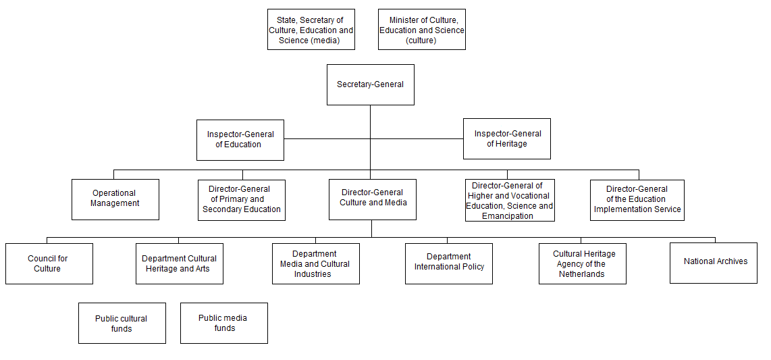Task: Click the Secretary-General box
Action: pos(370,84)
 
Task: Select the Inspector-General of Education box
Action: pos(240,140)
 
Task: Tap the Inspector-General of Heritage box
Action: pos(506,138)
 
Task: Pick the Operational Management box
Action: pos(115,199)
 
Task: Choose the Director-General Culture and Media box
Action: pos(373,199)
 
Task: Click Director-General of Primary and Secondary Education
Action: pos(241,199)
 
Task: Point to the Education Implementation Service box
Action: pos(637,199)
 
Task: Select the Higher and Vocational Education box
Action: pos(510,200)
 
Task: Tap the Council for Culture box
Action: pos(49,263)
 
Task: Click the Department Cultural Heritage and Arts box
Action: pos(179,263)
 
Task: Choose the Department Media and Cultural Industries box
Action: pos(315,263)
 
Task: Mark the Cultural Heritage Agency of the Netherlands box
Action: pos(582,263)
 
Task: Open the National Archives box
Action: pos(713,262)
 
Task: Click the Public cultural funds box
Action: pos(122,323)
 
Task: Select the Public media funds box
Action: pos(223,323)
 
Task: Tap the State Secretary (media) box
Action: pos(311,30)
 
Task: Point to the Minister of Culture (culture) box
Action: pos(421,30)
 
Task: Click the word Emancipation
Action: pos(508,216)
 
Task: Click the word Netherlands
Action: pos(581,274)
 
